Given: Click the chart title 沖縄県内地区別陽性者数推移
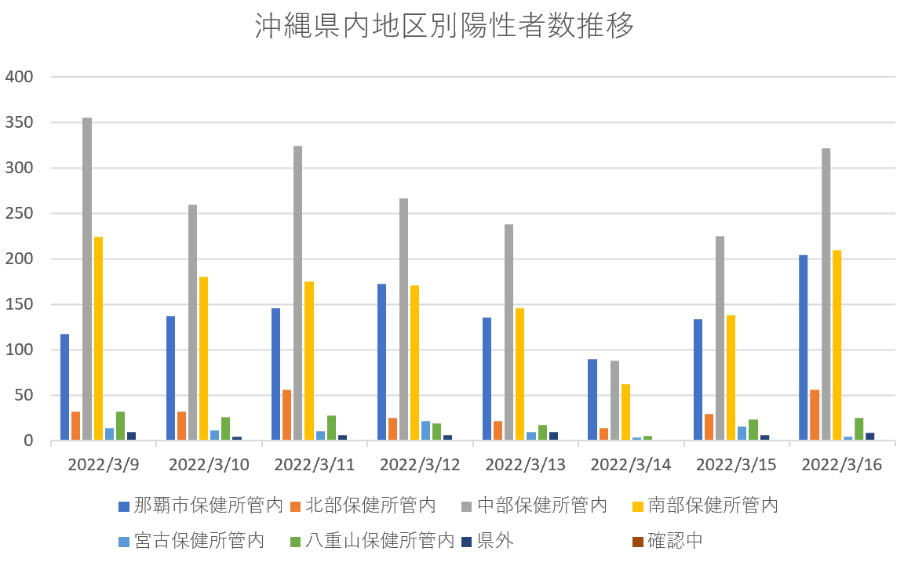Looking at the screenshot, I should [444, 27].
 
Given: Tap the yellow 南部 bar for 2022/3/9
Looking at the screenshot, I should [98, 339].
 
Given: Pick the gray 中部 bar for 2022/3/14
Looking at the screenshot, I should [614, 401].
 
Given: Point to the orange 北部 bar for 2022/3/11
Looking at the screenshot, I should [287, 415].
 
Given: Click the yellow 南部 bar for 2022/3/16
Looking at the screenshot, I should [837, 345].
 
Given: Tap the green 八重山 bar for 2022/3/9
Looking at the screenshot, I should [120, 426].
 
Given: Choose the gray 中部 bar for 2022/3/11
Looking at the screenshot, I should [298, 293].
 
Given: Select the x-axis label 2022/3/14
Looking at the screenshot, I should [631, 464].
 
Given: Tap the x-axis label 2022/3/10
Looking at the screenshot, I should [209, 464].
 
